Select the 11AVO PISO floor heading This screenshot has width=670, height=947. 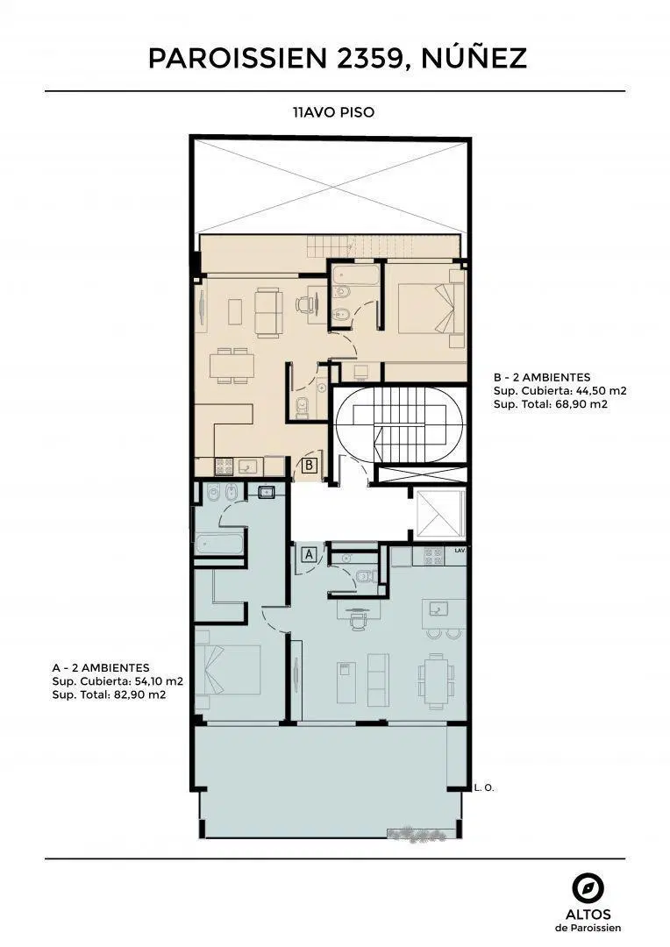[333, 112]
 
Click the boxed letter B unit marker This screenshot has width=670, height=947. [310, 465]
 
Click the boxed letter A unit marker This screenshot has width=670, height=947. [310, 554]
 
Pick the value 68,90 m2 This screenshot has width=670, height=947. [581, 404]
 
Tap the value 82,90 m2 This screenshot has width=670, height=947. [139, 694]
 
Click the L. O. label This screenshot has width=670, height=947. [485, 787]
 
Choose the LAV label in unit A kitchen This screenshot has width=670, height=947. [460, 550]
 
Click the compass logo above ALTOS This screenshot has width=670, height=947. [588, 889]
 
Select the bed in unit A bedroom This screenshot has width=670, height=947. [228, 669]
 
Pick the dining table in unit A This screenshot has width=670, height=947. [436, 680]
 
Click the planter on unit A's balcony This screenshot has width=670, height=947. [417, 834]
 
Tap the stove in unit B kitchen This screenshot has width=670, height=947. [225, 466]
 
